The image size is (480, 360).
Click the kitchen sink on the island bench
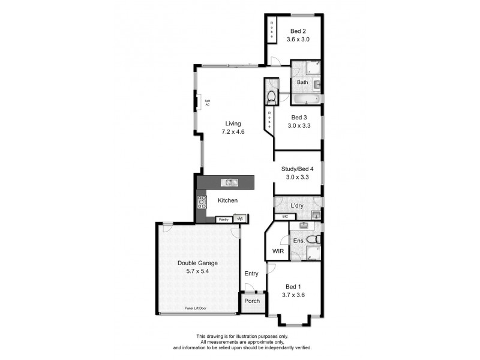(229, 182)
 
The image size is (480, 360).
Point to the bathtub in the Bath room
(306, 99)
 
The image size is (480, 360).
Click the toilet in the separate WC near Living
(271, 96)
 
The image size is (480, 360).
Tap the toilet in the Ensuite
(311, 240)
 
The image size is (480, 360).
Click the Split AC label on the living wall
(208, 103)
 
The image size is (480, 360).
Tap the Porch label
(252, 301)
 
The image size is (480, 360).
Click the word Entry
(251, 274)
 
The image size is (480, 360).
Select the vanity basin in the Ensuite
(304, 226)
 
